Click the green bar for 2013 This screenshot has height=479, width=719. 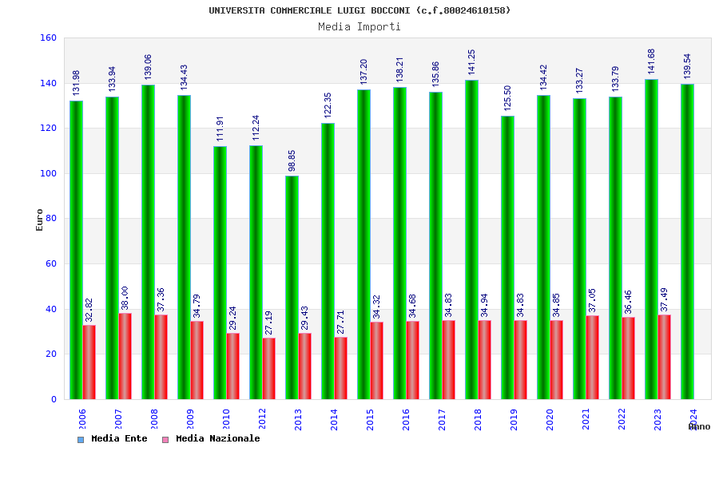pos(292,287)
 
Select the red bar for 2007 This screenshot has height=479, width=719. pos(125,356)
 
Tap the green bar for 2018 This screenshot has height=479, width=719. pos(471,239)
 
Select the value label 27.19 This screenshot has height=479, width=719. pos(268,323)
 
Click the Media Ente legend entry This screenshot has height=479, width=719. pos(119,438)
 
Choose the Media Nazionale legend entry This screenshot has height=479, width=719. pos(217,438)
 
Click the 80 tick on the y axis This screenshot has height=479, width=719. pos(51,218)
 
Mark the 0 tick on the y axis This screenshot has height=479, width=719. pos(54,399)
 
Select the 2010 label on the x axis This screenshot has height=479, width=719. pos(226,419)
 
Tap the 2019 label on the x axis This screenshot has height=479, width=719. pos(514,419)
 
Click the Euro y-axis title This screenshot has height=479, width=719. pos(40,220)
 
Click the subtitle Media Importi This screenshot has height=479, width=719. pos(359,26)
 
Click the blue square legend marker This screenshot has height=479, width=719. pos(81,439)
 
